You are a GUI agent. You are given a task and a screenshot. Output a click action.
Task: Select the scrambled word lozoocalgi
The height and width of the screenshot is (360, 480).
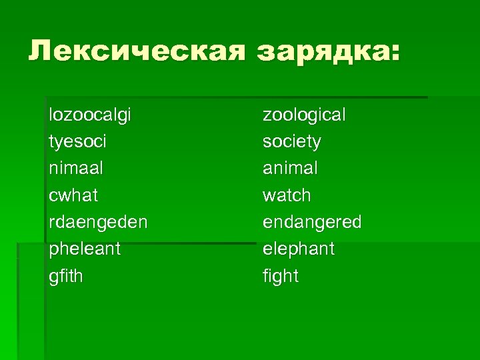[x=90, y=115]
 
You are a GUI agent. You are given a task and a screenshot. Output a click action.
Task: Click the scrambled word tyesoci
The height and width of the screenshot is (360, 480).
[x=78, y=142]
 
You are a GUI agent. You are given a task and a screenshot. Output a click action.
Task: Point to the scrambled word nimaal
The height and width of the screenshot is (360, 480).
[x=76, y=169]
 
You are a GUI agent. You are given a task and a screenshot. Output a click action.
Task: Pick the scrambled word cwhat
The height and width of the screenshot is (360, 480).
[x=73, y=195]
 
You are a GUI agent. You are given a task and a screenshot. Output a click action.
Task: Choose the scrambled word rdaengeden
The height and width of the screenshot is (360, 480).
[x=99, y=222]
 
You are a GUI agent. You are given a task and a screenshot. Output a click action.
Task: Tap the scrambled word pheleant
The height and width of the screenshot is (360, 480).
[x=85, y=249]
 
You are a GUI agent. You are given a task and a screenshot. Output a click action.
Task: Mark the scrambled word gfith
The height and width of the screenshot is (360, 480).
[x=66, y=276]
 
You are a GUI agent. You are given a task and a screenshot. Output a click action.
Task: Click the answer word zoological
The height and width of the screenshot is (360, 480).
[x=304, y=115]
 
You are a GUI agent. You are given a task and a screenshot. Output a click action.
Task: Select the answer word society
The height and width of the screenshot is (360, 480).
[x=291, y=142]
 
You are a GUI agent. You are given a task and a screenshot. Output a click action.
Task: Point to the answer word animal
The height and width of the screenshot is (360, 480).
[x=290, y=169]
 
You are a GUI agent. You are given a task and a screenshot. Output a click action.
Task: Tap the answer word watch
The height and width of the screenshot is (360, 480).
[x=287, y=195]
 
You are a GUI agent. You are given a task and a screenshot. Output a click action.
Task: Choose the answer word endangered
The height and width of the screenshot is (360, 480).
[x=312, y=222]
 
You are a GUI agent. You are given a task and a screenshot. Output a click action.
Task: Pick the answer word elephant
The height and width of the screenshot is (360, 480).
[x=299, y=249]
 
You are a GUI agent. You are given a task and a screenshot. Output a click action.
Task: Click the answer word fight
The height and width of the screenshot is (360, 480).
[x=281, y=276]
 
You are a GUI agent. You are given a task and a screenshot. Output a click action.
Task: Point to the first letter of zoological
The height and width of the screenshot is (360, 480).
[x=267, y=115]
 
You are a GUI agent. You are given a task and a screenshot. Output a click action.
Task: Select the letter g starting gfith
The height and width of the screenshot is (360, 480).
[x=53, y=277]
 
